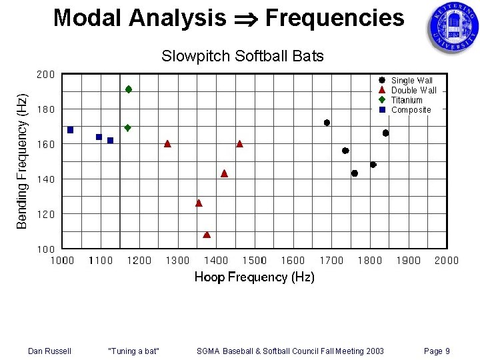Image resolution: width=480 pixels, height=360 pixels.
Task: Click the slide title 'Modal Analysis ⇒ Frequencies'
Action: click(229, 18)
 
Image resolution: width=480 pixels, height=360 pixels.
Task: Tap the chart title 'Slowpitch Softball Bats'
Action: click(242, 56)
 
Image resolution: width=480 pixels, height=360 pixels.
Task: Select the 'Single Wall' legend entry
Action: click(411, 81)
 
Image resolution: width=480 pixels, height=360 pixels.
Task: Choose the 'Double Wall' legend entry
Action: click(413, 90)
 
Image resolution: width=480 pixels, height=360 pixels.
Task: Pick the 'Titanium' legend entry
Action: click(407, 100)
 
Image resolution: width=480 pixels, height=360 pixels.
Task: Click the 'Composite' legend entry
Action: click(411, 110)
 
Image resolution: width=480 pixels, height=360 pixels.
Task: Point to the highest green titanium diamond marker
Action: click(129, 89)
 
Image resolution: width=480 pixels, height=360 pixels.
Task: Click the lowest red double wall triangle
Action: click(207, 235)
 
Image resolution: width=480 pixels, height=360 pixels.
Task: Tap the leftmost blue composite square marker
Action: click(70, 130)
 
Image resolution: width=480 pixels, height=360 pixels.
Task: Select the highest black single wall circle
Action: click(327, 123)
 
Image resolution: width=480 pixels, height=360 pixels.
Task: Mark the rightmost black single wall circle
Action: click(385, 133)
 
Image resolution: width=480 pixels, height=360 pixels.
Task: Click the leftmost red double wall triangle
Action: click(167, 143)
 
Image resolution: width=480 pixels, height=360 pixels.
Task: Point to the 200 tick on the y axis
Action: click(45, 75)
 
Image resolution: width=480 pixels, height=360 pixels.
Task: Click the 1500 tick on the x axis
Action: click(255, 261)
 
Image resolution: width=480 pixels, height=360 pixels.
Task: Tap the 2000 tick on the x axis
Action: click(446, 261)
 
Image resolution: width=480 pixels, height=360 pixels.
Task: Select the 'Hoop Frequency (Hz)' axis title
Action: click(254, 277)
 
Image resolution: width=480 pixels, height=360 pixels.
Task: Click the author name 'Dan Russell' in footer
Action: click(49, 351)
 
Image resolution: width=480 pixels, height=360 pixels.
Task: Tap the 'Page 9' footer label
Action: click(437, 351)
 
